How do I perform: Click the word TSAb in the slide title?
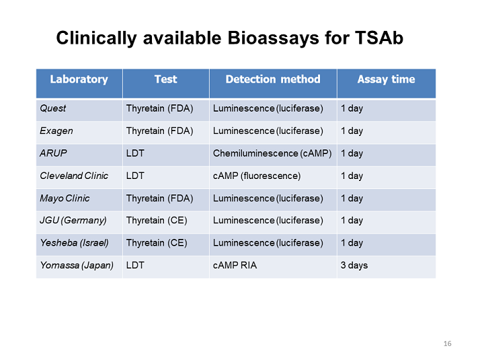coord(377,38)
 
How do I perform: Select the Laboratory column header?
coord(79,79)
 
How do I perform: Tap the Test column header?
coord(165,79)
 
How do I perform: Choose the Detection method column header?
coord(272,79)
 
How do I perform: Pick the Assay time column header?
coord(386,79)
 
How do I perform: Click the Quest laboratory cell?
coord(53,108)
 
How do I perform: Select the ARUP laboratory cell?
coord(51,153)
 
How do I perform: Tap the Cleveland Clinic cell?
coord(69,176)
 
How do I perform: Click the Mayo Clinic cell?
coord(65,199)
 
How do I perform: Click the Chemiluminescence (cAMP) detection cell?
coord(272,153)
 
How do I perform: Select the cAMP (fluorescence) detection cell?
coord(256,176)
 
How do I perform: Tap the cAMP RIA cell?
coord(235,265)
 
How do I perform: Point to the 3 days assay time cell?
coord(354,265)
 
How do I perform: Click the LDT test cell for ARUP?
coord(134,153)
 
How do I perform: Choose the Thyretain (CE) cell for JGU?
coord(156,220)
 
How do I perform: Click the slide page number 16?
coord(448,344)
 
